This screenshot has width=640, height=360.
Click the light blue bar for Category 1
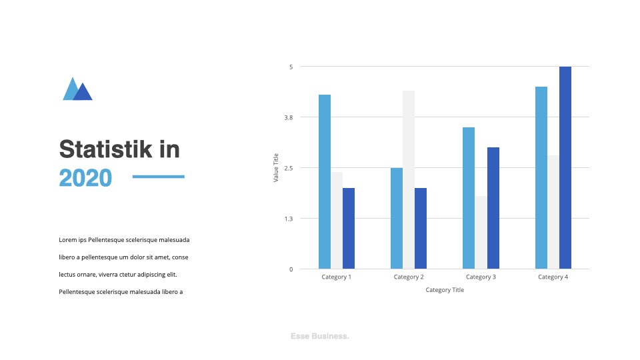[x=325, y=181]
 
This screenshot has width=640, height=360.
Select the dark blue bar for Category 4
[x=565, y=167]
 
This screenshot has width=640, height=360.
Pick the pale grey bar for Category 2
[x=409, y=179]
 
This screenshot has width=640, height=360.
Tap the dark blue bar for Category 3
[x=493, y=208]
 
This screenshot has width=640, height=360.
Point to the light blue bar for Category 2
[x=397, y=218]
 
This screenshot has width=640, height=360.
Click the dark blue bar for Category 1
[x=349, y=228]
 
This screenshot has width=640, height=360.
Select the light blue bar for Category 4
[x=541, y=177]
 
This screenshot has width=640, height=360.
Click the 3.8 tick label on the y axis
[x=289, y=117]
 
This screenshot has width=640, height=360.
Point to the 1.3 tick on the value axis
[x=289, y=219]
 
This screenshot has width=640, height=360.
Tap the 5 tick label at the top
[x=291, y=67]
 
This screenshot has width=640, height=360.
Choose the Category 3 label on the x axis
[x=481, y=277]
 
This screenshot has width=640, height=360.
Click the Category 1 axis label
[x=336, y=277]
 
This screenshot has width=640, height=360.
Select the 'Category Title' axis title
[x=445, y=290]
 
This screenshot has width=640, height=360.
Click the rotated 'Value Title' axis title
[x=276, y=168]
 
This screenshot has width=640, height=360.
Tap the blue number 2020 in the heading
[x=85, y=178]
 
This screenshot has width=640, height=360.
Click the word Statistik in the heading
[x=106, y=149]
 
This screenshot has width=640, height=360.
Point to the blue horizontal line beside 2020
[x=159, y=177]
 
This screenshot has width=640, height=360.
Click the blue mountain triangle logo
[x=77, y=89]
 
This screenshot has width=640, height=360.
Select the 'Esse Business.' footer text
[x=320, y=336]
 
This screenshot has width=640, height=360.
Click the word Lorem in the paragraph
[x=68, y=240]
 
